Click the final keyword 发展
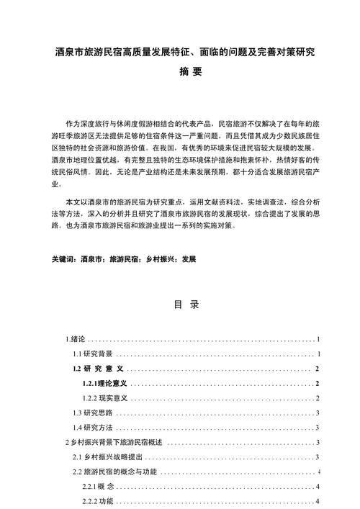pyautogui.click(x=189, y=258)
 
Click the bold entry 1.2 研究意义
pyautogui.click(x=99, y=369)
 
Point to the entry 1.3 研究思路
pyautogui.click(x=92, y=413)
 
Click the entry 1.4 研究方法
pyautogui.click(x=92, y=428)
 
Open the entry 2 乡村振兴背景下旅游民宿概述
pyautogui.click(x=115, y=442)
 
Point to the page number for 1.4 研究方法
pyautogui.click(x=318, y=428)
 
